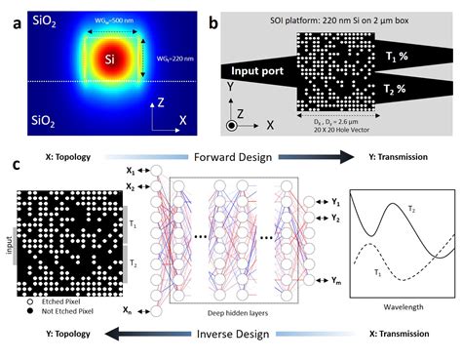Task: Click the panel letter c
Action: [14, 164]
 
